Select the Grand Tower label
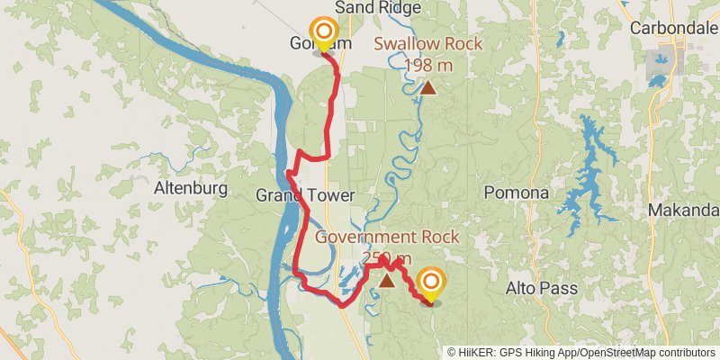[293, 195]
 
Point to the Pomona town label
[517, 193]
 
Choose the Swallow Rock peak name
[427, 44]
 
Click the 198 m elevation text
[428, 65]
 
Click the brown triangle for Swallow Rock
[428, 87]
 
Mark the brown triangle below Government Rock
[386, 281]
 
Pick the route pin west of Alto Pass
[432, 283]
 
